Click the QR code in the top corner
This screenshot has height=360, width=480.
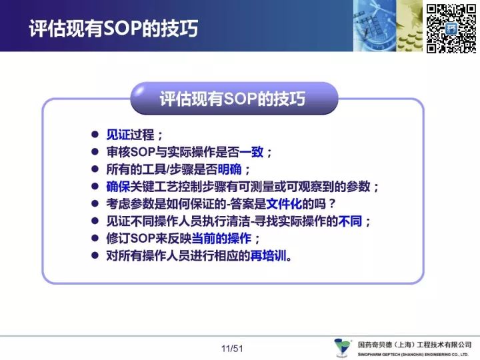click(451, 29)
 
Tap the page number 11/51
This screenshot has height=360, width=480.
click(232, 349)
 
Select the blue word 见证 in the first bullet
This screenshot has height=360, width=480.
click(118, 135)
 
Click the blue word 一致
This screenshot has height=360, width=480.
click(251, 152)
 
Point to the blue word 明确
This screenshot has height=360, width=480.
click(229, 169)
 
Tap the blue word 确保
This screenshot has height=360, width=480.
click(118, 187)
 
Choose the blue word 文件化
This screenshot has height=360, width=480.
click(284, 204)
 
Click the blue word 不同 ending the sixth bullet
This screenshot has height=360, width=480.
click(350, 221)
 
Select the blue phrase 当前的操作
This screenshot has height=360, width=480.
click(221, 239)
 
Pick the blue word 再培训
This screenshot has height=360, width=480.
click(268, 256)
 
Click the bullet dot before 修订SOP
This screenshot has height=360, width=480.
click(95, 238)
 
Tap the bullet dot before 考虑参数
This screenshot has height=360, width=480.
click(95, 203)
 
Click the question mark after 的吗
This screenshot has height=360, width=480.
click(331, 204)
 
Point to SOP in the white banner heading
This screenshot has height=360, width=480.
click(122, 29)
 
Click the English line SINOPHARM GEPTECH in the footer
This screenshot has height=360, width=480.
click(413, 355)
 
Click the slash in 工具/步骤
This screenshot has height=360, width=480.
click(169, 169)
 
